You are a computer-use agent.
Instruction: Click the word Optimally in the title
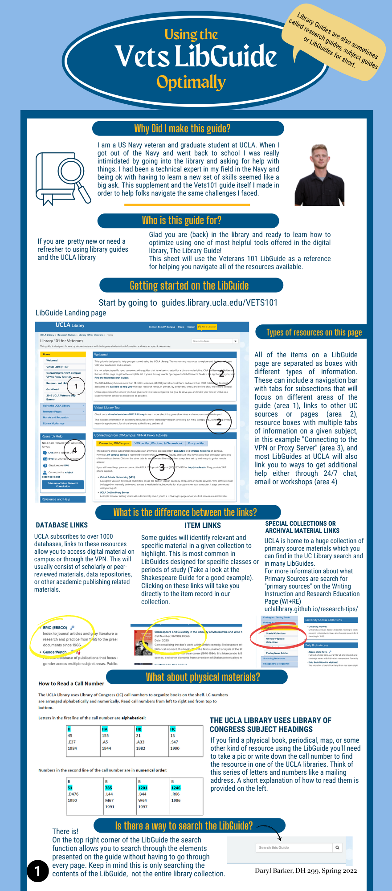pos(192,82)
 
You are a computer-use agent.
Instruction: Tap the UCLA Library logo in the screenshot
pos(70,325)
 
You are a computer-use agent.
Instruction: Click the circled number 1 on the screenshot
pos(76,386)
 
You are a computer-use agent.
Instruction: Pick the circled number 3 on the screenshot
pos(162,467)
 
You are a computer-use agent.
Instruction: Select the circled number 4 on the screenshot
pos(74,450)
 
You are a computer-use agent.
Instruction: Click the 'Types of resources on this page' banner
pos(314,332)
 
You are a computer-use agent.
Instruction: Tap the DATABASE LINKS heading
pos(62,525)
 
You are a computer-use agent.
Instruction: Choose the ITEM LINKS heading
pos(203,526)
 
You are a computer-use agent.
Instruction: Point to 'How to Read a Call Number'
pos(71,683)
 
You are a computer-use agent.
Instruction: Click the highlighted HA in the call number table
pos(105,729)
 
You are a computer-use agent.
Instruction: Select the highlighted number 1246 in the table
pos(176,788)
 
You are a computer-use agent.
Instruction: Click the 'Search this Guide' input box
pos(294,847)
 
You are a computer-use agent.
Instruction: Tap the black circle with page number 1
pos(37,871)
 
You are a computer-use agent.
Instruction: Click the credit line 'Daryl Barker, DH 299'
pos(306,871)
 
